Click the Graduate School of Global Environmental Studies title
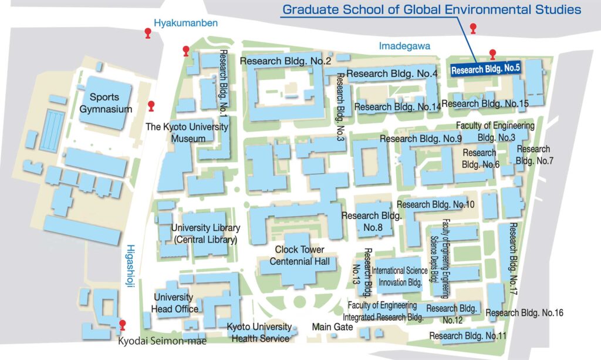[431, 10]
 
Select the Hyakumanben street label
[185, 23]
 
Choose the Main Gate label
[332, 327]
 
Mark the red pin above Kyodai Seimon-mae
[123, 325]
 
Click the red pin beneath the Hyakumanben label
[148, 33]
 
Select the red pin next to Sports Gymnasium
[151, 106]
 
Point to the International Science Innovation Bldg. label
[397, 276]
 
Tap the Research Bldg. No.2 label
[286, 61]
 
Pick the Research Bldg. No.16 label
[524, 312]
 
